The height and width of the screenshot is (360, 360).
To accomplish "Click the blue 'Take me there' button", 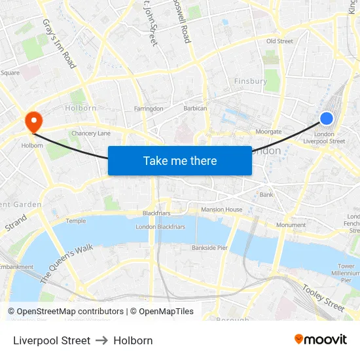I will click(x=180, y=160).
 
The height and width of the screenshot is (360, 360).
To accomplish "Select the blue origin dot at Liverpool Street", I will click(x=327, y=118).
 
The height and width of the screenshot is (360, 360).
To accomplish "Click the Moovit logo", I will click(x=320, y=340).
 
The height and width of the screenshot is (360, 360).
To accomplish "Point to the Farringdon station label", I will click(x=148, y=109).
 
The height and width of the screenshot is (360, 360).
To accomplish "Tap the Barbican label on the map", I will click(x=195, y=109).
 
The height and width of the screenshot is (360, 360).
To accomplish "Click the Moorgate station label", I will click(x=268, y=132).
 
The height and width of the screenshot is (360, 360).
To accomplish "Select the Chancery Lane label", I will click(x=91, y=134).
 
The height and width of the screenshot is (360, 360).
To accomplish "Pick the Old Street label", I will click(x=279, y=41).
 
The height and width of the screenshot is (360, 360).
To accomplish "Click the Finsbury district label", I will click(x=251, y=81).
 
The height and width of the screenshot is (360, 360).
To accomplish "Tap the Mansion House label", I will click(x=221, y=209).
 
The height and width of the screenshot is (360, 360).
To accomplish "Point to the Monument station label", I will click(x=291, y=225).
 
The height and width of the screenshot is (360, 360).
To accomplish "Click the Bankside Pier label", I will click(x=209, y=248).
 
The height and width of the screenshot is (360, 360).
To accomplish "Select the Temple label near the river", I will click(x=75, y=221).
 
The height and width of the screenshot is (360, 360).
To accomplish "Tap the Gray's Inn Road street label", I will click(x=60, y=43).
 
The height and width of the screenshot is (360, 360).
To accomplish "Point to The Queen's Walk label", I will click(x=67, y=264).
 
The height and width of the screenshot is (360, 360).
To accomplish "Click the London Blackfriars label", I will click(x=160, y=227).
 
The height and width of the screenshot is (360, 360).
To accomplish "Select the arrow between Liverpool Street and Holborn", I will click(x=101, y=340).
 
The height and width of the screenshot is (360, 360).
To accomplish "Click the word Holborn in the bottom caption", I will click(x=133, y=340).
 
